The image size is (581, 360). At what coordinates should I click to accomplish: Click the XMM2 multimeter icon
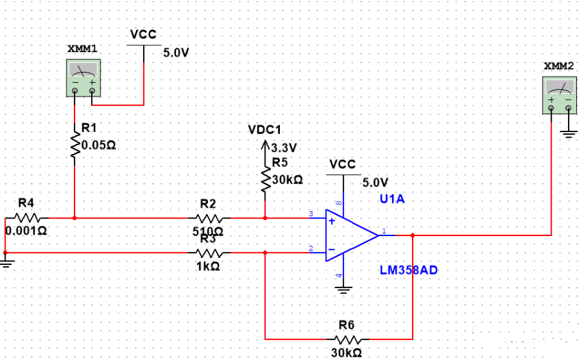560,94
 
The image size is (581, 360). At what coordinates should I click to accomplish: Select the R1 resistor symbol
75,145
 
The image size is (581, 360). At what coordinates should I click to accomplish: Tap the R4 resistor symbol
25,218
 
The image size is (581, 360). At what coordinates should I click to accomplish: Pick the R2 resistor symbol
208,218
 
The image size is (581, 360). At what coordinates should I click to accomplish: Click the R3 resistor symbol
208,252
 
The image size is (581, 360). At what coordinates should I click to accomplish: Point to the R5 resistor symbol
266,179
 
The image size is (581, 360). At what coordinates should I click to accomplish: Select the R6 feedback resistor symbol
346,338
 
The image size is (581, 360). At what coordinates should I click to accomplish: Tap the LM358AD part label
409,270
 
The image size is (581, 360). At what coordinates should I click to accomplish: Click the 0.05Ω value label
99,145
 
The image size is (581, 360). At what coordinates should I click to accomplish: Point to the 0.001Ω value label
26,231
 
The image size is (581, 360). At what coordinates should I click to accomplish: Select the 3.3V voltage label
283,147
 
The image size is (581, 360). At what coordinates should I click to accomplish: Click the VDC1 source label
265,130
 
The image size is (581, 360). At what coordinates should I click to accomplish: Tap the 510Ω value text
208,231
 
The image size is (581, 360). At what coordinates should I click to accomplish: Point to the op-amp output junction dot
413,235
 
